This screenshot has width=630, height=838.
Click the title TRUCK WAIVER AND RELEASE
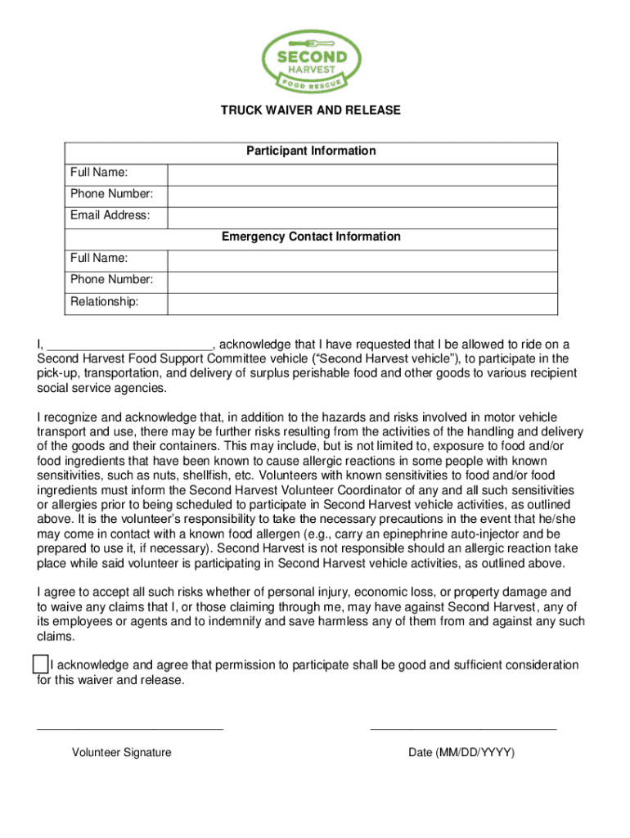pos(311,110)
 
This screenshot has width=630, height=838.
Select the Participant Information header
pos(311,151)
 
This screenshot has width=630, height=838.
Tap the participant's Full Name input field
pos(362,173)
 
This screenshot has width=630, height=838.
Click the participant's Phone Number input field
pos(362,195)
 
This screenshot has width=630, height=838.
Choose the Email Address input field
pos(362,216)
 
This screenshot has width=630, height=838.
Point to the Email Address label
pos(110,216)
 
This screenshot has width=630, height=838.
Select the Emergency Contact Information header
pos(311,237)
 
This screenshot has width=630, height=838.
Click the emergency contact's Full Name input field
pos(362,259)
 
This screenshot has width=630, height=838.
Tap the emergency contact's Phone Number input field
pos(362,280)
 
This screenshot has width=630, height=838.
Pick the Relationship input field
pos(362,302)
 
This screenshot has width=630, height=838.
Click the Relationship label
pos(104,302)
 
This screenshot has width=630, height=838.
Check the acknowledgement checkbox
pos(40,664)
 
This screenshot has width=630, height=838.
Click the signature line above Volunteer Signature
pos(130,728)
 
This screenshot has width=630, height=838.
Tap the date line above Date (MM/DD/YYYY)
pos(463,728)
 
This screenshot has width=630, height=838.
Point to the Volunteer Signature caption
pos(122,753)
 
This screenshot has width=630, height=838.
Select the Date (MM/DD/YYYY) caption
pos(462,753)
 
